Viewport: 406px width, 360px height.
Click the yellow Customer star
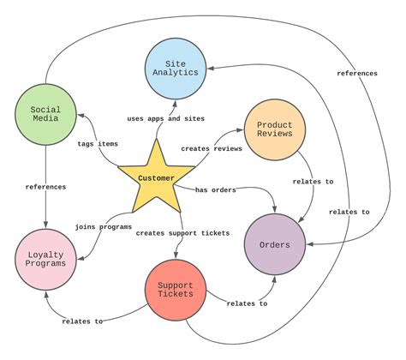[156, 179]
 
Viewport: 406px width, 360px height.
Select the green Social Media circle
[45, 115]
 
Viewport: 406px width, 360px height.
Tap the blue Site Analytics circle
[176, 68]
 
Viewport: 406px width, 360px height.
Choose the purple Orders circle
[276, 245]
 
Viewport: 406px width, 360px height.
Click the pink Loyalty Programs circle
[45, 258]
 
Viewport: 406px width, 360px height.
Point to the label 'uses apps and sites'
[166, 117]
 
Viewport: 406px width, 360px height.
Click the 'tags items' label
[98, 143]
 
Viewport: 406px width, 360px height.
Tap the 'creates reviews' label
[212, 149]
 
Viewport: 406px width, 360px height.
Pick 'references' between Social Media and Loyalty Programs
[46, 186]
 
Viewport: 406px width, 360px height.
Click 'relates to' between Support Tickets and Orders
[247, 303]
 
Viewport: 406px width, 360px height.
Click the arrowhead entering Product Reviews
[240, 133]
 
